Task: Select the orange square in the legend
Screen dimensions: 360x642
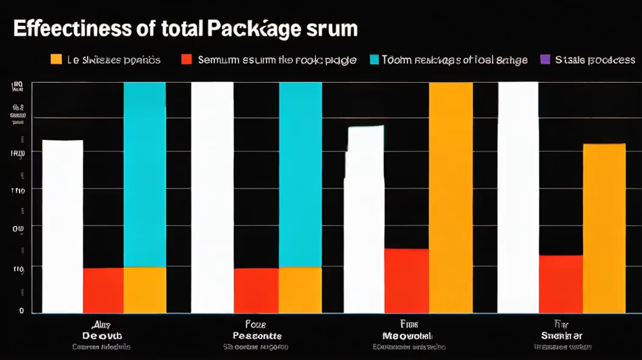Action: click(x=57, y=60)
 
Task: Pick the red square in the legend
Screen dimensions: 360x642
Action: click(x=187, y=60)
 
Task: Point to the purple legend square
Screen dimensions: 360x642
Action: click(x=545, y=60)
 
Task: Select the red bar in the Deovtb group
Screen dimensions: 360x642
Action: click(x=103, y=290)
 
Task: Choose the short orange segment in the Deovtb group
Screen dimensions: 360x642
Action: click(x=145, y=289)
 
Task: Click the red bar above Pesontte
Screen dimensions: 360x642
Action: click(x=256, y=290)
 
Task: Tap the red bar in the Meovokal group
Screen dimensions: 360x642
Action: click(x=406, y=280)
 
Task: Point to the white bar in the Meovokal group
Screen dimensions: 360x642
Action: click(x=364, y=219)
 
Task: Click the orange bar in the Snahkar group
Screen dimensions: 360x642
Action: click(x=604, y=228)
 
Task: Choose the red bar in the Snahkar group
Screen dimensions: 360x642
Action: click(x=561, y=283)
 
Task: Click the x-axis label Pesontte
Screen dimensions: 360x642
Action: click(x=257, y=336)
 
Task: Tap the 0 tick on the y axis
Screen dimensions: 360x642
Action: click(x=21, y=311)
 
